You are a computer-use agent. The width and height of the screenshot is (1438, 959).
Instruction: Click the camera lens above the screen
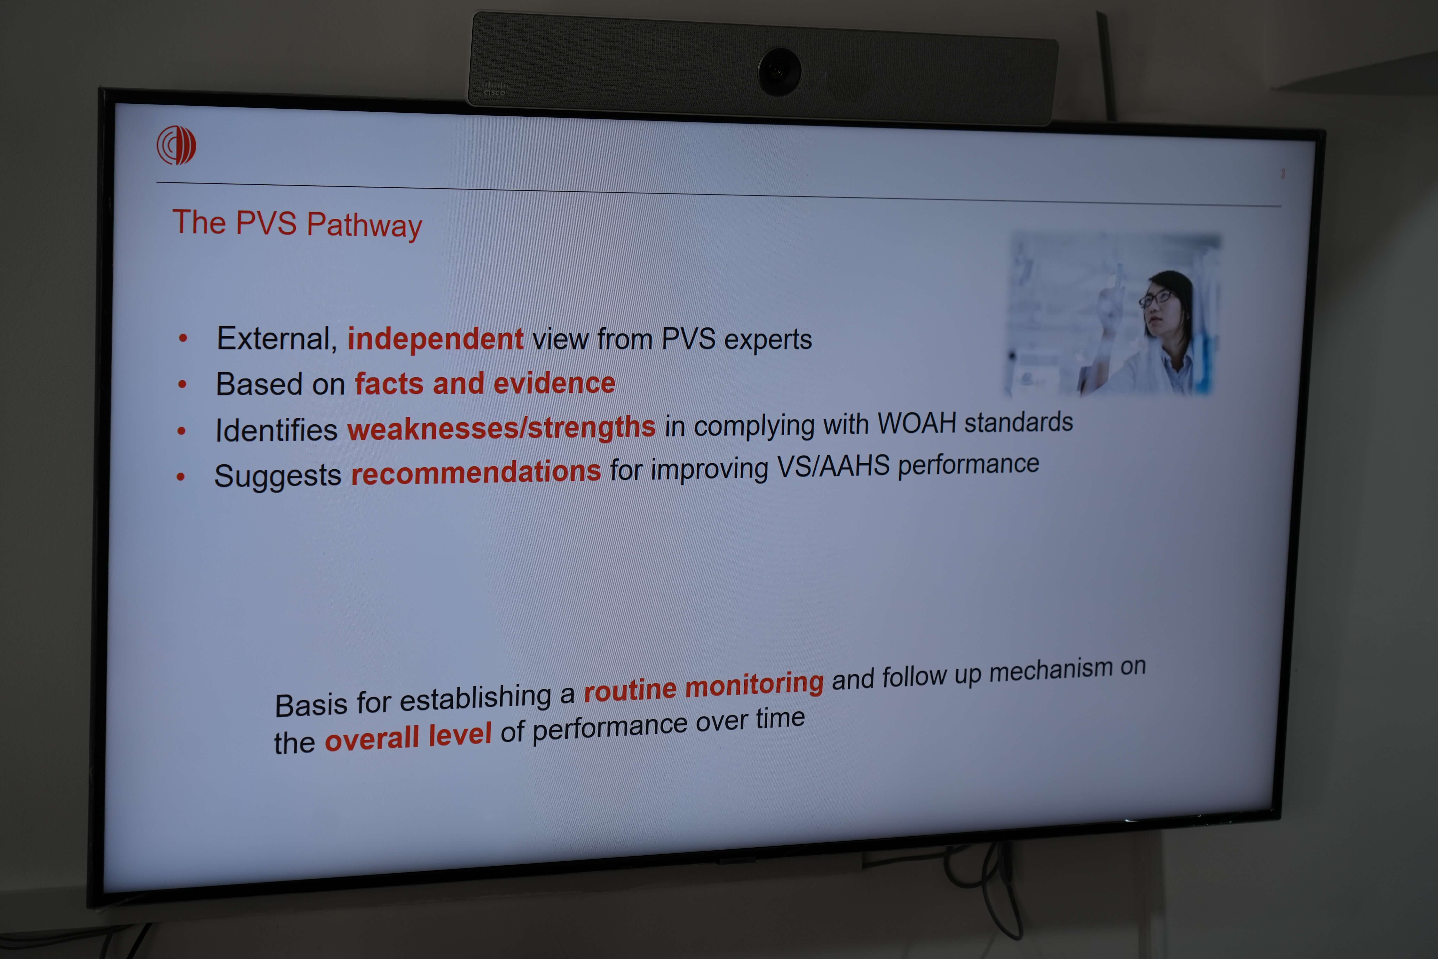click(779, 72)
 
